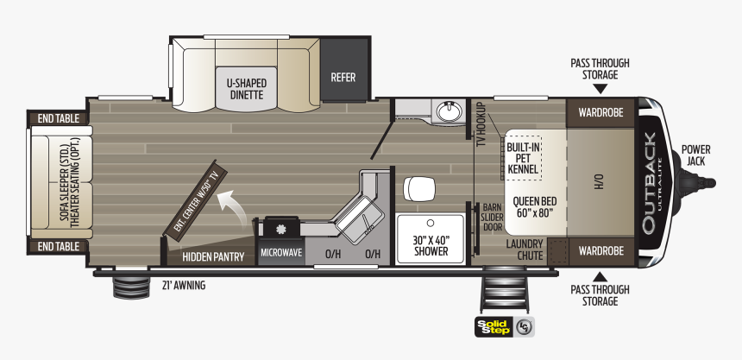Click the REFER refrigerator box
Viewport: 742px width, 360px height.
[x=344, y=69]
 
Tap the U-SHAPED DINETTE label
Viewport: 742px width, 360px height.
[x=247, y=89]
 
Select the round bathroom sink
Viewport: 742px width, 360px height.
[x=447, y=111]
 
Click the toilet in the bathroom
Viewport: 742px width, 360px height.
[x=419, y=188]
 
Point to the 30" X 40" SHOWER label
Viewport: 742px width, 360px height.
[x=431, y=245]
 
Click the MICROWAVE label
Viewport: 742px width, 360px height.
[x=281, y=253]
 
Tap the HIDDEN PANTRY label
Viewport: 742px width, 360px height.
[x=213, y=257]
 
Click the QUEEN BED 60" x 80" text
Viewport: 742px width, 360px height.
[x=535, y=206]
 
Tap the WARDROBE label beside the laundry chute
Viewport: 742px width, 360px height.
[x=601, y=250]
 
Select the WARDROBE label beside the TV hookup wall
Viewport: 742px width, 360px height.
[x=601, y=113]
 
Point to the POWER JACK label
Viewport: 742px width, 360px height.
[x=695, y=155]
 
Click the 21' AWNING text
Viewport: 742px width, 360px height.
[x=185, y=285]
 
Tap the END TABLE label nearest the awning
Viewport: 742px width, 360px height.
[x=58, y=246]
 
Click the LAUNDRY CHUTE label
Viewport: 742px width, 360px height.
[x=525, y=249]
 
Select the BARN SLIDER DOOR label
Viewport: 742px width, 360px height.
[x=493, y=217]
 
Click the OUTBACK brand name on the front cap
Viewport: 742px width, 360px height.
[x=649, y=183]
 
